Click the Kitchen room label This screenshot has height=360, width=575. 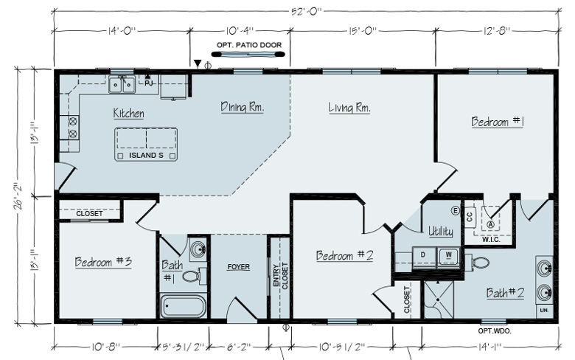128,114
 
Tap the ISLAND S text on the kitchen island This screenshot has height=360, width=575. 146,155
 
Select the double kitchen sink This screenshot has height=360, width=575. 122,85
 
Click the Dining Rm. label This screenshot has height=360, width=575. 242,107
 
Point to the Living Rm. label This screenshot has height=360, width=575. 349,108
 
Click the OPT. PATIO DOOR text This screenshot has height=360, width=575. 249,45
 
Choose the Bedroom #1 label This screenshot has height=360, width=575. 498,121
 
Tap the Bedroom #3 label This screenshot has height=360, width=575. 103,262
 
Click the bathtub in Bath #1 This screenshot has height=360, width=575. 183,306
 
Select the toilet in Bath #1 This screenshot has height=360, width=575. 194,276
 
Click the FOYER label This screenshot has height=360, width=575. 238,267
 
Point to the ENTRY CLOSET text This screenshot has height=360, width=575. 281,276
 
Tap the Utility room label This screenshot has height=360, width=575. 441,231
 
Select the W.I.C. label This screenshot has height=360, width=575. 491,240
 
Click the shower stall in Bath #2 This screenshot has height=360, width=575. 439,300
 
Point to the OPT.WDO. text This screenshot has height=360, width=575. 495,330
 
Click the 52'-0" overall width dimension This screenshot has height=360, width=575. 306,11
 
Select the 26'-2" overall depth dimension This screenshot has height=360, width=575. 18,196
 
